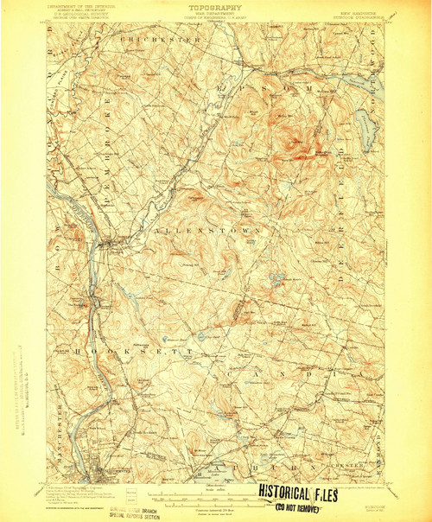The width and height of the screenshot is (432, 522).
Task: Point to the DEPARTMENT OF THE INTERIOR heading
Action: coord(75,7)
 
